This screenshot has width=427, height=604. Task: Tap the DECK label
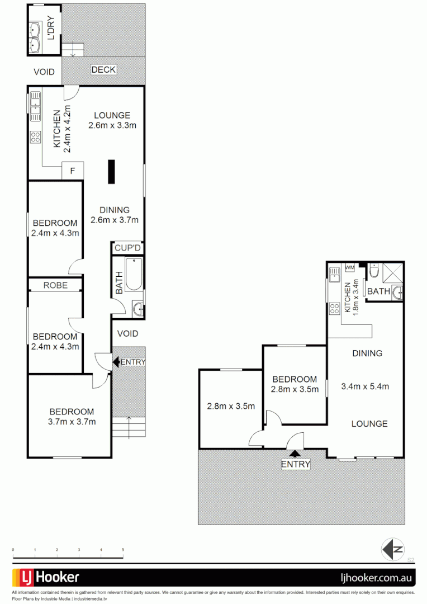tap(103, 70)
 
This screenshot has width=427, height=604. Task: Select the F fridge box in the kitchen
tap(72, 171)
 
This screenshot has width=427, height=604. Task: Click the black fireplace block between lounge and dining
tap(112, 172)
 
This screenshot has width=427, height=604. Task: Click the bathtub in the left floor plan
tap(134, 274)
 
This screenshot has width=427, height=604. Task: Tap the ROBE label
tap(55, 285)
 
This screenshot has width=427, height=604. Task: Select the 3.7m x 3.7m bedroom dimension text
tap(72, 422)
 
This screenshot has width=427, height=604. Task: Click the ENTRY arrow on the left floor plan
tap(116, 362)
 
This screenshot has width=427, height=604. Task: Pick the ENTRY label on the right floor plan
tap(295, 464)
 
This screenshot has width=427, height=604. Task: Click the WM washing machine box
tap(350, 268)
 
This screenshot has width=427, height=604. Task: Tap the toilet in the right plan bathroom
tap(374, 272)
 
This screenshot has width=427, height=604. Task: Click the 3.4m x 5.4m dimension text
tap(365, 386)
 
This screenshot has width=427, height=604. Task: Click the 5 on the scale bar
tap(123, 550)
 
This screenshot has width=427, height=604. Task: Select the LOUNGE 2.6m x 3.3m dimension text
tap(112, 125)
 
